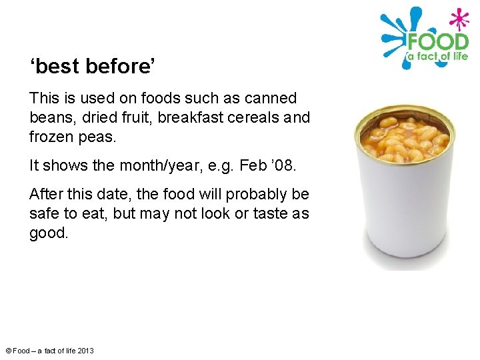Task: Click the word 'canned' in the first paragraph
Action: coord(270,99)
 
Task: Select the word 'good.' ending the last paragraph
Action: coord(49,233)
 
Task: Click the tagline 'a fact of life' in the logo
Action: coord(437,57)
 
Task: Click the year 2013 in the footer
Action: coord(86,351)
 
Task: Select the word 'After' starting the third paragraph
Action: coord(46,195)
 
